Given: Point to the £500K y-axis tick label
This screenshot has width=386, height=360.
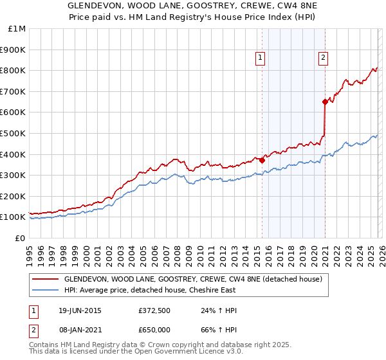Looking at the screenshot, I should [15, 134].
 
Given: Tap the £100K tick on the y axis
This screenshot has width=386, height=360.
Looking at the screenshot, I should [15, 217].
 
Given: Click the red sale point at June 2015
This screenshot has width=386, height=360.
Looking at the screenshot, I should [262, 161].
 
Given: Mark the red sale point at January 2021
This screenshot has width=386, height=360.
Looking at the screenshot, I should [325, 102].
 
